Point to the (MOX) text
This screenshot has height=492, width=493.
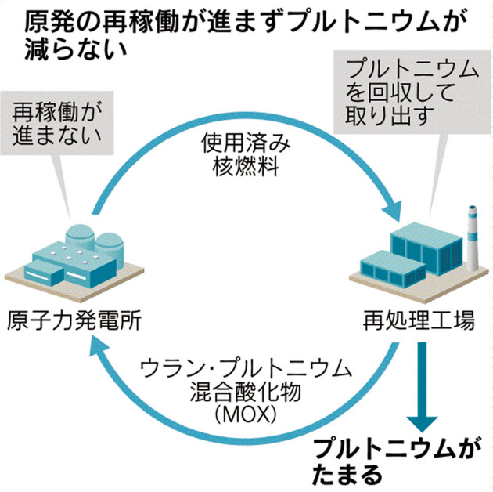(x=242, y=412)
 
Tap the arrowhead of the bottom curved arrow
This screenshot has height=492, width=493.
(x=98, y=352)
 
